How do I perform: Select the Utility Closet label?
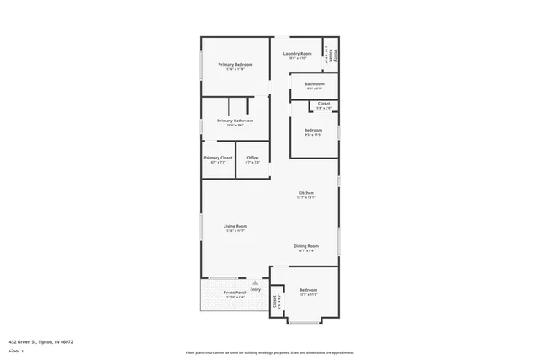(x=333, y=56)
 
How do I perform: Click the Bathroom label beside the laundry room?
(x=315, y=84)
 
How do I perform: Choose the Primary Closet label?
(x=218, y=158)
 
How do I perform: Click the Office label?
(x=252, y=158)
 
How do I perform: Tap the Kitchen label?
(x=305, y=193)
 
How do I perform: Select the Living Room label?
(x=235, y=226)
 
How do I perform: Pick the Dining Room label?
(x=305, y=246)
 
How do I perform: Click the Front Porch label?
(x=234, y=293)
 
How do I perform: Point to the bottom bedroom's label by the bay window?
(x=308, y=290)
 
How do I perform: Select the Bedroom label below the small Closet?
(x=313, y=130)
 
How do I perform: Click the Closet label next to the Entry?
(x=275, y=301)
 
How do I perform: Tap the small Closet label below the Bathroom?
(x=324, y=104)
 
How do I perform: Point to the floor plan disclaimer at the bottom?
(x=270, y=352)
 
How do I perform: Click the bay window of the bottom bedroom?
(x=304, y=322)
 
